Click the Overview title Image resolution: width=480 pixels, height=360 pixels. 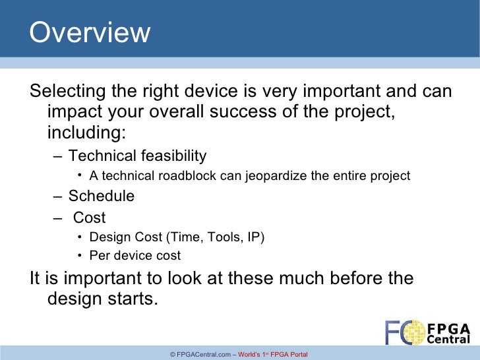pos(90,33)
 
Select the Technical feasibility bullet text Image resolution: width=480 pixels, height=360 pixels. pos(137,156)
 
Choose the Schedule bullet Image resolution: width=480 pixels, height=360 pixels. pos(102,196)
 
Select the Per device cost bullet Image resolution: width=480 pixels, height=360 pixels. pos(135,256)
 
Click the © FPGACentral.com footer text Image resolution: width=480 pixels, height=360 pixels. pos(200,355)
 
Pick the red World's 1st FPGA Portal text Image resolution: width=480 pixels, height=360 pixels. pos(273,355)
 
